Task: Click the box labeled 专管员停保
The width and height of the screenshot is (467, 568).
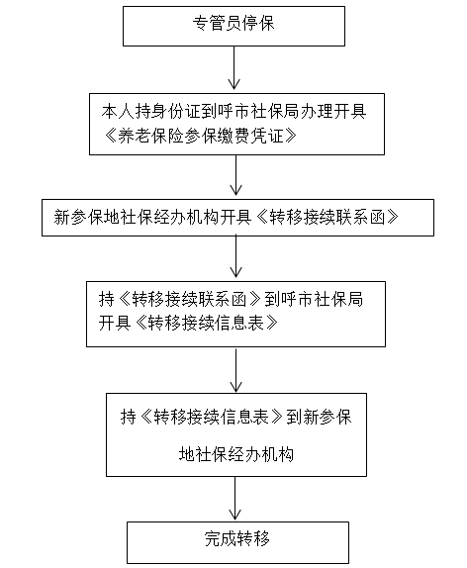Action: click(233, 26)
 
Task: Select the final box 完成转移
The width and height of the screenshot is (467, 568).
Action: click(237, 542)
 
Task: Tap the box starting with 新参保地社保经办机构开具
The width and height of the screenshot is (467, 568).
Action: click(237, 218)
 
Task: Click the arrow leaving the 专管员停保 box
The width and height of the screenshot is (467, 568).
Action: click(234, 67)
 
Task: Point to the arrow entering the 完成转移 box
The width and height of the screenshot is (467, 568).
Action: click(234, 498)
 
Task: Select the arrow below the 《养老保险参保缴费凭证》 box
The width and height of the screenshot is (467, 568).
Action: click(235, 175)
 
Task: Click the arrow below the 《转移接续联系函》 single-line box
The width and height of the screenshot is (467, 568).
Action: click(235, 256)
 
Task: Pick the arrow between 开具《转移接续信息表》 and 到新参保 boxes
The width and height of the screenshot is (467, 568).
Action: click(235, 369)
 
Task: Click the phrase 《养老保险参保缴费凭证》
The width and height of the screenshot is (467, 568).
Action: click(199, 137)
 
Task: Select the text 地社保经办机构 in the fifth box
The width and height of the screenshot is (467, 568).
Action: click(236, 454)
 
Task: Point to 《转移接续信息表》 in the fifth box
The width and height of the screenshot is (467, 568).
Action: click(212, 417)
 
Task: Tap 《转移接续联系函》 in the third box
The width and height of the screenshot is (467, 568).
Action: click(327, 217)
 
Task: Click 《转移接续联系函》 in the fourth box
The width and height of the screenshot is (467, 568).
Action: click(190, 299)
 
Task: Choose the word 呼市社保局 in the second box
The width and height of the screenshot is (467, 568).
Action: click(257, 111)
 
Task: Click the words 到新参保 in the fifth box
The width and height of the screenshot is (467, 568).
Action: click(319, 417)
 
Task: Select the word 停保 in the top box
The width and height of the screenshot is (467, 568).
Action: click(258, 23)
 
